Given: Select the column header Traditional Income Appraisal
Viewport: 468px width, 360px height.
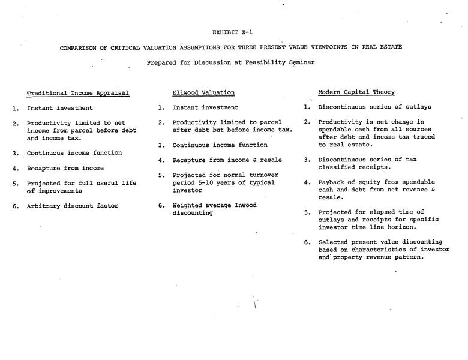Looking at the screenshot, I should [x=78, y=93].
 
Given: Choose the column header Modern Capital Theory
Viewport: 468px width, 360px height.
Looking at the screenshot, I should [x=356, y=92].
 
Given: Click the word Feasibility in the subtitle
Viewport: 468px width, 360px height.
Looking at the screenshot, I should [x=267, y=62].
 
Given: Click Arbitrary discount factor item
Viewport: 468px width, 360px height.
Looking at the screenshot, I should [x=73, y=206].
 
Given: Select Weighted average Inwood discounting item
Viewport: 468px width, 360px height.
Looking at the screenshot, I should [x=214, y=209].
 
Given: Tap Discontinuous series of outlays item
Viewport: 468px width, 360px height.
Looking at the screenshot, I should [x=374, y=107].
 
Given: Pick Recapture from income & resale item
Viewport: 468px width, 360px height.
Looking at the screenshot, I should [x=227, y=160].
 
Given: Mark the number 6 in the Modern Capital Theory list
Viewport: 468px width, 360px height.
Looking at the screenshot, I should [x=307, y=243].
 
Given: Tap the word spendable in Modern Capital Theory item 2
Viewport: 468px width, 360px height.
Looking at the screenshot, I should [x=339, y=130].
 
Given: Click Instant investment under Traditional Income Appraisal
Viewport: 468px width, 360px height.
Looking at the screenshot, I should [x=60, y=109].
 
